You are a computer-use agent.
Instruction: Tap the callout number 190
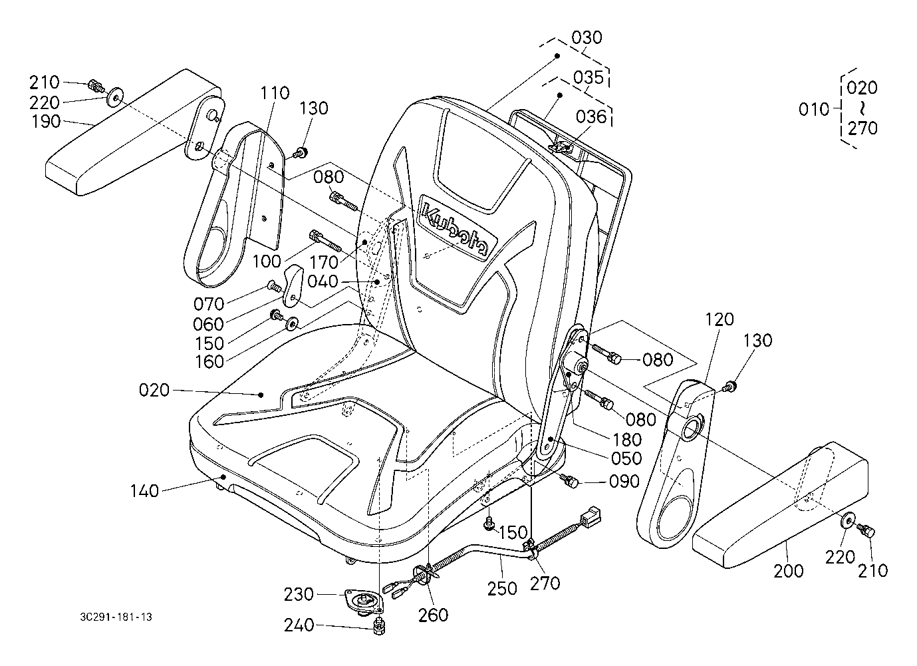tap(46, 122)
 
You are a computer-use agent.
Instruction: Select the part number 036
tap(590, 116)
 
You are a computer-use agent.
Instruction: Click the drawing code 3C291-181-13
tap(116, 617)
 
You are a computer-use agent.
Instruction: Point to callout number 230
tap(299, 594)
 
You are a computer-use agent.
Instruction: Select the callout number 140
tap(144, 491)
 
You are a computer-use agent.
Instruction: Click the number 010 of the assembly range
tap(813, 109)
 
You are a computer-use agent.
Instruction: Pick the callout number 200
tap(788, 571)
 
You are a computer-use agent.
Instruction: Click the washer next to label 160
tap(293, 323)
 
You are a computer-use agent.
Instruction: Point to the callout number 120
tap(720, 319)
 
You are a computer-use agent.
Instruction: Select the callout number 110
tap(275, 93)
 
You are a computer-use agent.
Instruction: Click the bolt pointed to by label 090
tap(569, 481)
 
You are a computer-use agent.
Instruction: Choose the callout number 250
tap(502, 589)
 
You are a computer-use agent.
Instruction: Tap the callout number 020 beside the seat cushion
tap(154, 390)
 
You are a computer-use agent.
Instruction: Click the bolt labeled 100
tap(326, 242)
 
